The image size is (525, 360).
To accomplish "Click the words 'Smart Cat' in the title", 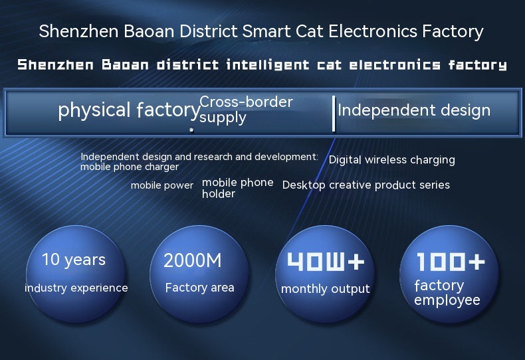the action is click(282, 31).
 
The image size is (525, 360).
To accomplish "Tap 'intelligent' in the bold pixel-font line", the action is click(268, 64).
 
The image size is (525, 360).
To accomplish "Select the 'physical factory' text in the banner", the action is click(129, 110).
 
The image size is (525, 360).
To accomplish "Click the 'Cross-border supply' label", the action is click(246, 110).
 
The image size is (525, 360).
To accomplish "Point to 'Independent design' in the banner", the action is click(414, 111).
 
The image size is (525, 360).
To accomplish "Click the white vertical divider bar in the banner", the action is click(334, 114).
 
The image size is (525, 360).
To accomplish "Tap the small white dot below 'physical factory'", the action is click(191, 130).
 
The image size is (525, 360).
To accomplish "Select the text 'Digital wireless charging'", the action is click(391, 160).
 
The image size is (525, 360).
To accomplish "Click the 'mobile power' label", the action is click(162, 185).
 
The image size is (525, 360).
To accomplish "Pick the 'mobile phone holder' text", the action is click(238, 188).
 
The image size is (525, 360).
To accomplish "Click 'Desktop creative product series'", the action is click(366, 185).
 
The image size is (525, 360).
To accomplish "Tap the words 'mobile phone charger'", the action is click(130, 167).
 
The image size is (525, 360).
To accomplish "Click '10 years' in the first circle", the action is click(74, 260).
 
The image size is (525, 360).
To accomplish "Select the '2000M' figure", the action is click(193, 260).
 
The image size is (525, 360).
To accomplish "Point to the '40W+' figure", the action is click(326, 261).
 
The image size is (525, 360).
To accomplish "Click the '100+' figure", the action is click(451, 261).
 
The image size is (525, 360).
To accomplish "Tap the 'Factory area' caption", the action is click(199, 288).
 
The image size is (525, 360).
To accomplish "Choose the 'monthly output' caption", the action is click(326, 289).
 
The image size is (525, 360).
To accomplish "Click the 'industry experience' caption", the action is click(76, 288).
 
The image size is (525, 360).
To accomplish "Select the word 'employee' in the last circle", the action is click(447, 301).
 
